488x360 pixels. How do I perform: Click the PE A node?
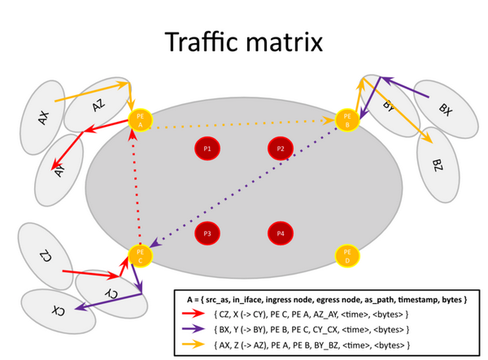pyautogui.click(x=141, y=120)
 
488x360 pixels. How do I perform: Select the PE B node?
pyautogui.click(x=347, y=120)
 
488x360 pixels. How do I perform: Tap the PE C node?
pyautogui.click(x=141, y=256)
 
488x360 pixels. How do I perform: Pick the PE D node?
pyautogui.click(x=347, y=256)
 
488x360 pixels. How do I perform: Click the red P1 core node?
pyautogui.click(x=207, y=149)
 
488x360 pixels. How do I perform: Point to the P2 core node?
pyautogui.click(x=281, y=149)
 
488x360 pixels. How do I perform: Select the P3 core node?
pyautogui.click(x=207, y=233)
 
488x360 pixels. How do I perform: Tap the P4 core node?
pyautogui.click(x=281, y=233)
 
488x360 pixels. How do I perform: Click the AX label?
pyautogui.click(x=44, y=118)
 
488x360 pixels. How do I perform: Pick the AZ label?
pyautogui.click(x=98, y=105)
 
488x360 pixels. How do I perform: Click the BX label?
pyautogui.click(x=446, y=110)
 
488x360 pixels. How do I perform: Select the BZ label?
pyautogui.click(x=438, y=166)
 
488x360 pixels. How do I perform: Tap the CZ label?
pyautogui.click(x=46, y=255)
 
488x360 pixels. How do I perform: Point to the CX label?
pyautogui.click(x=59, y=311)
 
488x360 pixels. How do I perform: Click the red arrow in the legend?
pyautogui.click(x=194, y=314)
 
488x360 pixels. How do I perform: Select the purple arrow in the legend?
pyautogui.click(x=194, y=329)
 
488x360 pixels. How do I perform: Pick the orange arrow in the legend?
pyautogui.click(x=194, y=345)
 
